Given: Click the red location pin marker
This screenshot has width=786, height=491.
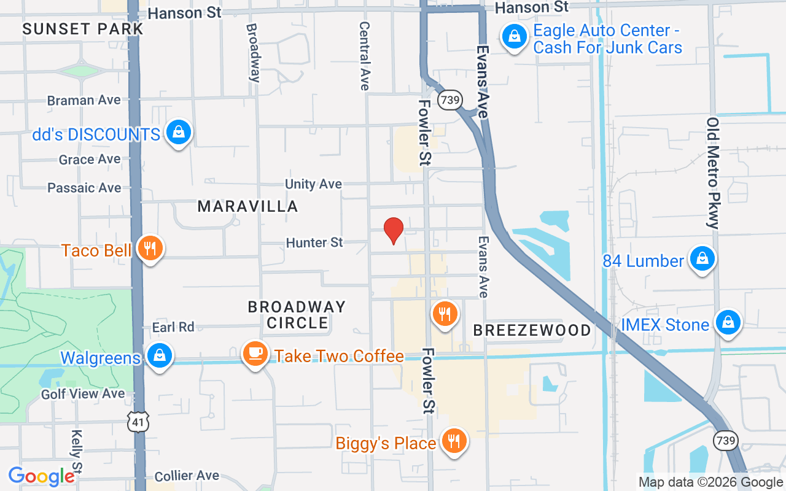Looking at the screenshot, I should point(393,231).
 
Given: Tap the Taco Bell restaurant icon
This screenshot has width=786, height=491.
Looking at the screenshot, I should point(149,249).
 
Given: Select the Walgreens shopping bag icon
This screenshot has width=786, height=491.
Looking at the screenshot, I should point(160,356).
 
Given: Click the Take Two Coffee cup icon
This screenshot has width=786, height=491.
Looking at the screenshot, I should point(254,354).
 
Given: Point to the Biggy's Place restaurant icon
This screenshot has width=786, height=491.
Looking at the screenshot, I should point(454,441).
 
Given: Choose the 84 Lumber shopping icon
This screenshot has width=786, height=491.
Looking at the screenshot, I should point(701,260).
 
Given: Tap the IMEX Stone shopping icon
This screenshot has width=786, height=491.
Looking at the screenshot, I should point(728,323).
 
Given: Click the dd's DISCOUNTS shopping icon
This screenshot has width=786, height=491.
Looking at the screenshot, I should point(178,133).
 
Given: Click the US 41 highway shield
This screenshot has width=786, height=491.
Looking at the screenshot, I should point(138,421).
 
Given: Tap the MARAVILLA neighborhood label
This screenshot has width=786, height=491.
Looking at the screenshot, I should point(247,206).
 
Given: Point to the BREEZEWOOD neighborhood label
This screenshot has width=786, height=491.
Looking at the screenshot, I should point(532,330).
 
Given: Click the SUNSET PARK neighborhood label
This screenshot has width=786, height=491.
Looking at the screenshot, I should point(83,29).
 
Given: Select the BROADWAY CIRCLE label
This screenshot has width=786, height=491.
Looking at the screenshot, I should point(297,314).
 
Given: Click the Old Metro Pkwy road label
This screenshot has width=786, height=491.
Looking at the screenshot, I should point(712,173).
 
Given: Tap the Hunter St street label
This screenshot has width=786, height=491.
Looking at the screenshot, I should point(314,243).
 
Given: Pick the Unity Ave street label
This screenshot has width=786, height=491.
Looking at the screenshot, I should point(313,184).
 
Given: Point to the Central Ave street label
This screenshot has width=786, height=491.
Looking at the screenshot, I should point(365,56).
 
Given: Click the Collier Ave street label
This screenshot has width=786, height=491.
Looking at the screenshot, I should point(187,476).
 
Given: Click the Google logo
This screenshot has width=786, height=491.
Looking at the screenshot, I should point(41,476).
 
